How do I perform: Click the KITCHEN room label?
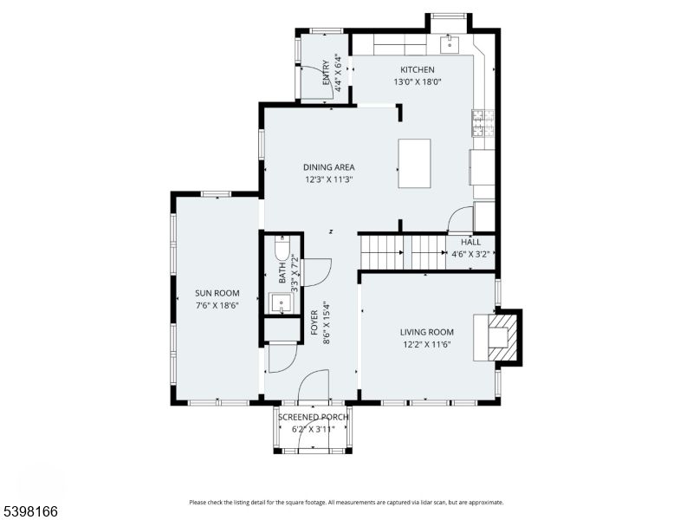click(417, 69)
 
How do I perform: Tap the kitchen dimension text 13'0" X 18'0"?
click(417, 82)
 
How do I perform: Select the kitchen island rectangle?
click(414, 164)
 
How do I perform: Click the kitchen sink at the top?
click(450, 43)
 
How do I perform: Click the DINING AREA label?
click(328, 167)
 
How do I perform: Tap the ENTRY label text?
click(326, 71)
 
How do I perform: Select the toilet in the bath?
click(282, 251)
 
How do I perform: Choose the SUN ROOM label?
click(217, 293)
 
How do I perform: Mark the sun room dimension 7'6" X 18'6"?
click(217, 305)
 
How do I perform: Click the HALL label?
click(470, 243)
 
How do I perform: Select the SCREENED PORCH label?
click(314, 417)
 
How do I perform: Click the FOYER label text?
click(314, 322)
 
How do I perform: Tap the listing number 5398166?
click(29, 512)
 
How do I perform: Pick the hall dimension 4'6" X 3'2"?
click(470, 254)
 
